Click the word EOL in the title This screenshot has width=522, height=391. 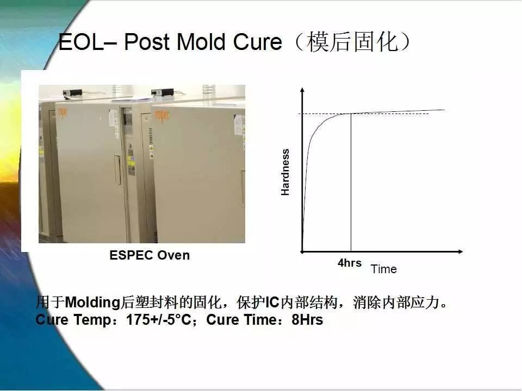[81, 42]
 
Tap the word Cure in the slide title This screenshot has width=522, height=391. [257, 42]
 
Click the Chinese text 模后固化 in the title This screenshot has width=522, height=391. [352, 42]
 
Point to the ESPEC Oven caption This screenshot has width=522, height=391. [150, 255]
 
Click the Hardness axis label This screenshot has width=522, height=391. [285, 172]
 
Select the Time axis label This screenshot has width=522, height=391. [383, 269]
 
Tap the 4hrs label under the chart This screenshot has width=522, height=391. [350, 263]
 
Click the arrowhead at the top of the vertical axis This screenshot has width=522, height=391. [302, 90]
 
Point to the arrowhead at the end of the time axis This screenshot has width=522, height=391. [461, 251]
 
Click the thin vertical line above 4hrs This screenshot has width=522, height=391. [351, 182]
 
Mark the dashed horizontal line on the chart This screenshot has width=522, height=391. [364, 113]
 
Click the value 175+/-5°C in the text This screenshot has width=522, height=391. [158, 320]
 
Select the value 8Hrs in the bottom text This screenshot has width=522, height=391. [307, 320]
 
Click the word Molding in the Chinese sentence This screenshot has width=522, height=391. [92, 302]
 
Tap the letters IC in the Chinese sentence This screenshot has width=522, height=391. [272, 302]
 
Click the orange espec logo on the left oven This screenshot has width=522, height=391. [63, 113]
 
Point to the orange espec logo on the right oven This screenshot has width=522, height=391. [161, 116]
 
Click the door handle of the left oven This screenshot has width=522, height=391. [117, 169]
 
